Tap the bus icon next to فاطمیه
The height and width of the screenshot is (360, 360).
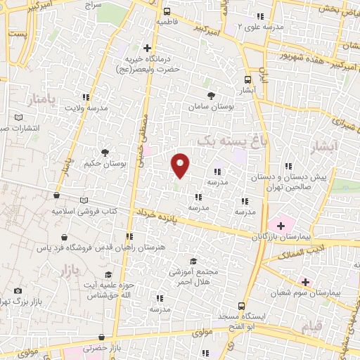coord(167,11)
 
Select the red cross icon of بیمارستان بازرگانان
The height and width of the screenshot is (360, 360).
coord(281,226)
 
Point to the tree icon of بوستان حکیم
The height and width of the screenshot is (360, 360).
coord(105,152)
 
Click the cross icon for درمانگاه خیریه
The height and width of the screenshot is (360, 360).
coord(147,48)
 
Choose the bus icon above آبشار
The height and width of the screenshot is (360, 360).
coord(247,79)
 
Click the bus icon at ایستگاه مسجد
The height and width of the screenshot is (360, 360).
coord(241,306)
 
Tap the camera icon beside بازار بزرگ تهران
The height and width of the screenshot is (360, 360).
coord(18,290)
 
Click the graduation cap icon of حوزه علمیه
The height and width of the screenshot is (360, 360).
coord(108,274)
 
